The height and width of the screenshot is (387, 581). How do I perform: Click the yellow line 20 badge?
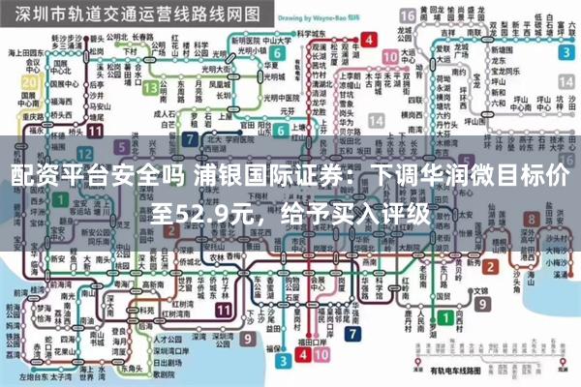30,82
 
